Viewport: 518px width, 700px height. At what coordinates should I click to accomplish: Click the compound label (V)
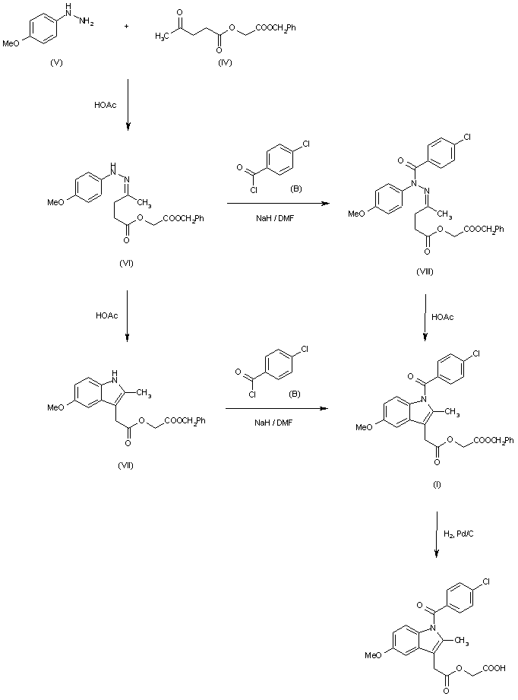point(56,62)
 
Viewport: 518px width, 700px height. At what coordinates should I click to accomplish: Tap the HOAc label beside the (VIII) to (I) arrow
point(443,315)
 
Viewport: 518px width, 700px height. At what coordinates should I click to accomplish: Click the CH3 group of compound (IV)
point(162,35)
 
